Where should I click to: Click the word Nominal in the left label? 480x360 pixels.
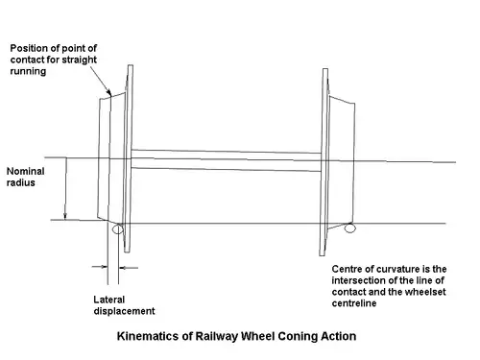(25, 171)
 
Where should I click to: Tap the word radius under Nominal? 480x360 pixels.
(20, 182)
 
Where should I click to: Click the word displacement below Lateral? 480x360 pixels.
(117, 311)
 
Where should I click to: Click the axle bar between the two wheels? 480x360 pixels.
(227, 159)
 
